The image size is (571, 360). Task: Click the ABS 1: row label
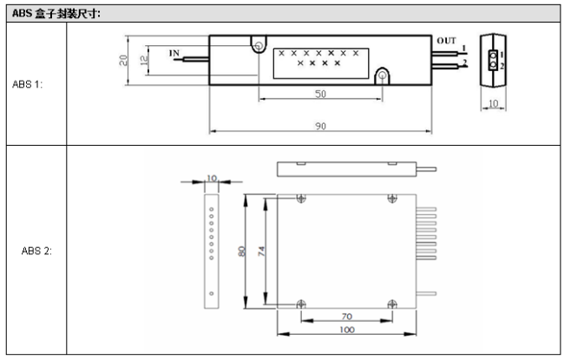pyautogui.click(x=27, y=84)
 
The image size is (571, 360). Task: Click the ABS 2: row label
pyautogui.click(x=36, y=251)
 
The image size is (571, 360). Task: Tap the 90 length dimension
pyautogui.click(x=320, y=126)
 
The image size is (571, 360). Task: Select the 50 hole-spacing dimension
pyautogui.click(x=320, y=94)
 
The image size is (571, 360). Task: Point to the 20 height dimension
pyautogui.click(x=123, y=60)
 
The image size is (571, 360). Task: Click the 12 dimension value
pyautogui.click(x=144, y=60)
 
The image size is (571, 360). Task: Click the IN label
pyautogui.click(x=174, y=53)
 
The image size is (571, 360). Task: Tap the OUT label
pyautogui.click(x=446, y=41)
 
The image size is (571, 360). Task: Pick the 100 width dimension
pyautogui.click(x=347, y=330)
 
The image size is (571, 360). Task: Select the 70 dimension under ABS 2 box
pyautogui.click(x=347, y=317)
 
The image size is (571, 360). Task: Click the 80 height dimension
pyautogui.click(x=241, y=252)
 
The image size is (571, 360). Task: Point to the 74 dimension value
pyautogui.click(x=261, y=252)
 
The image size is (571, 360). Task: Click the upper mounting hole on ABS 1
pyautogui.click(x=259, y=46)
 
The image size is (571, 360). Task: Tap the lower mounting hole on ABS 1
pyautogui.click(x=382, y=75)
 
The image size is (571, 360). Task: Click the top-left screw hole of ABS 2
pyautogui.click(x=301, y=199)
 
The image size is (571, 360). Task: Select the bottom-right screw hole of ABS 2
pyautogui.click(x=392, y=304)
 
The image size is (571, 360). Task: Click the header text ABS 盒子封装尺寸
pyautogui.click(x=56, y=14)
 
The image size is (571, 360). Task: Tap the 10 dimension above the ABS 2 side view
pyautogui.click(x=212, y=178)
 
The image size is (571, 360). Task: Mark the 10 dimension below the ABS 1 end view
pyautogui.click(x=493, y=103)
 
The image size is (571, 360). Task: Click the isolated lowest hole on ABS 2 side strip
pyautogui.click(x=211, y=293)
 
